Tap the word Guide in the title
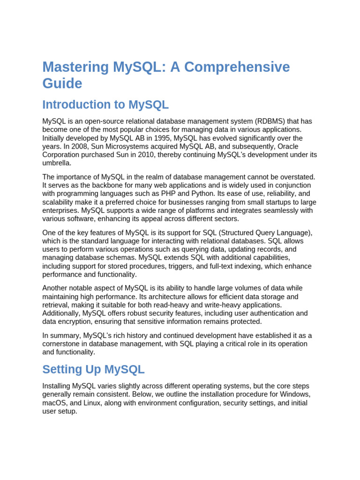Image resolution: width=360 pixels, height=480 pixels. pyautogui.click(x=62, y=83)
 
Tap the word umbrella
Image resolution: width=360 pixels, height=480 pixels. pyautogui.click(x=57, y=164)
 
